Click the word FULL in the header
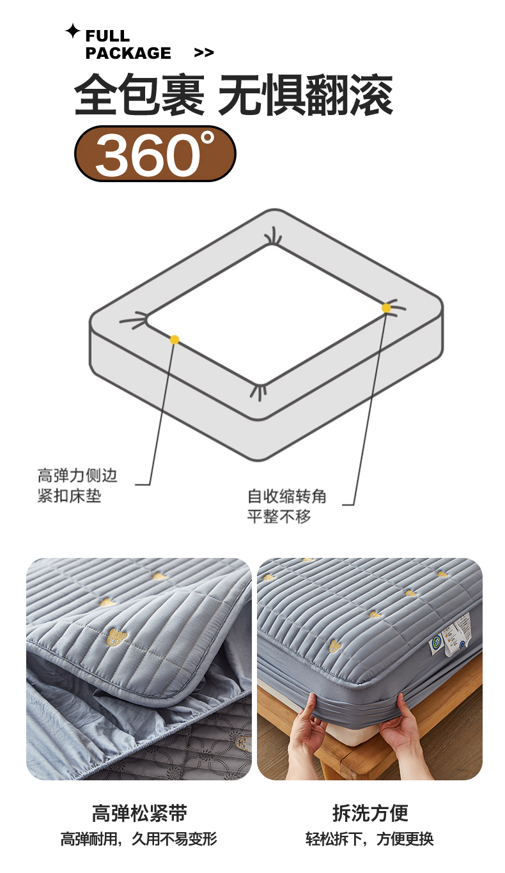[x=107, y=36]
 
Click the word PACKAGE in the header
[x=128, y=53]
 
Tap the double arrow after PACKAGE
[x=204, y=52]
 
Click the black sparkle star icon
[x=72, y=31]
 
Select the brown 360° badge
[x=155, y=153]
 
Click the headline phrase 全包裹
[x=140, y=95]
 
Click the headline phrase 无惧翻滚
[x=306, y=95]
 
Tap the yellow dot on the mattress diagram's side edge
[x=175, y=339]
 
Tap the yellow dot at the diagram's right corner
[x=386, y=308]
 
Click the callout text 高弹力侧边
[x=77, y=475]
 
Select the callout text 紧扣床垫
[x=70, y=496]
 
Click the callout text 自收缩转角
[x=287, y=496]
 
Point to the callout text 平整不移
[x=279, y=516]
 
